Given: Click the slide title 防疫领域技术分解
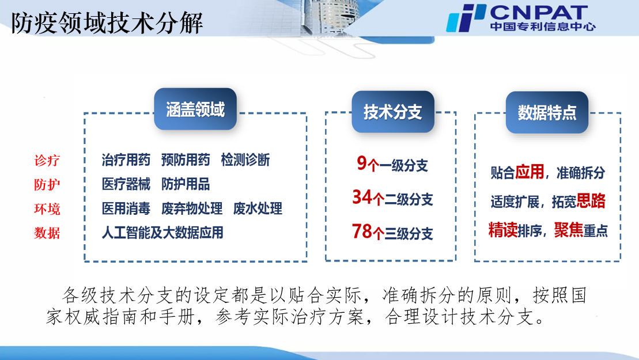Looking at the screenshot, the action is [x=107, y=23].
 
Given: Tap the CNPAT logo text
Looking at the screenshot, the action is [x=539, y=12].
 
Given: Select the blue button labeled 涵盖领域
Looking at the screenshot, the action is [x=195, y=109].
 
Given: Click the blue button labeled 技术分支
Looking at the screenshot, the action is [x=393, y=112].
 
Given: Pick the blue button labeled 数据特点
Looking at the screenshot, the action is [x=547, y=112].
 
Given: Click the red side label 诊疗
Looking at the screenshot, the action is [x=47, y=160].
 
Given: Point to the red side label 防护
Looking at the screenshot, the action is [x=47, y=184].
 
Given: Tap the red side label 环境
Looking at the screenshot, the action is [x=47, y=209].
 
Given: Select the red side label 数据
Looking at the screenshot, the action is [x=47, y=233].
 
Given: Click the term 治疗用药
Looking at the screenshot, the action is [x=126, y=160].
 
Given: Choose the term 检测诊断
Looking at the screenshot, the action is [x=245, y=160].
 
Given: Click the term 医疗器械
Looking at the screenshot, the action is [x=126, y=184].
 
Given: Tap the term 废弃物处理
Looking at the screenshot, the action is [x=192, y=209].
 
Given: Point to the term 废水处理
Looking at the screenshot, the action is [x=258, y=209].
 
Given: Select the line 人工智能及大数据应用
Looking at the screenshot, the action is [x=162, y=233].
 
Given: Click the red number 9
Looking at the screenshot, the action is [x=362, y=163].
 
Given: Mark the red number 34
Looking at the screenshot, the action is [x=362, y=197].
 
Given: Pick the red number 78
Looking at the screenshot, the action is [x=362, y=232].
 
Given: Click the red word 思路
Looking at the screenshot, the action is [x=591, y=201].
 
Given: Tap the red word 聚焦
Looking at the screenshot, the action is [x=569, y=230].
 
